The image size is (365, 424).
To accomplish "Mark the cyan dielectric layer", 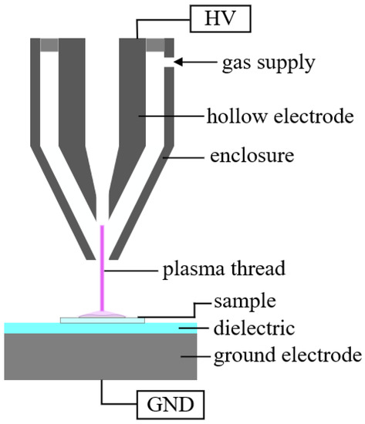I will (46, 328).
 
